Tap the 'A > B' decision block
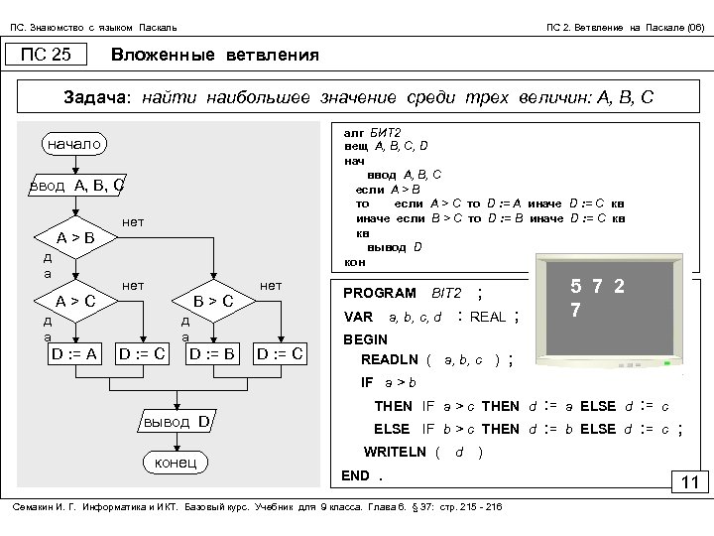pyautogui.click(x=75, y=237)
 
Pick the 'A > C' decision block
pyautogui.click(x=75, y=301)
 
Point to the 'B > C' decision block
pyautogui.click(x=212, y=301)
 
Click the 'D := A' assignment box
pyautogui.click(x=74, y=352)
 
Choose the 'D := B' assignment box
pyautogui.click(x=211, y=352)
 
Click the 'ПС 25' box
pyautogui.click(x=47, y=55)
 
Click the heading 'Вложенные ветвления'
pyautogui.click(x=215, y=55)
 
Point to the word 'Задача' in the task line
pyautogui.click(x=95, y=98)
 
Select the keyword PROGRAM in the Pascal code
pyautogui.click(x=379, y=293)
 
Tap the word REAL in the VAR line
pyautogui.click(x=487, y=317)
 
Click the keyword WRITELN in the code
pyautogui.click(x=397, y=452)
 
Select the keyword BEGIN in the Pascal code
pyautogui.click(x=364, y=339)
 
